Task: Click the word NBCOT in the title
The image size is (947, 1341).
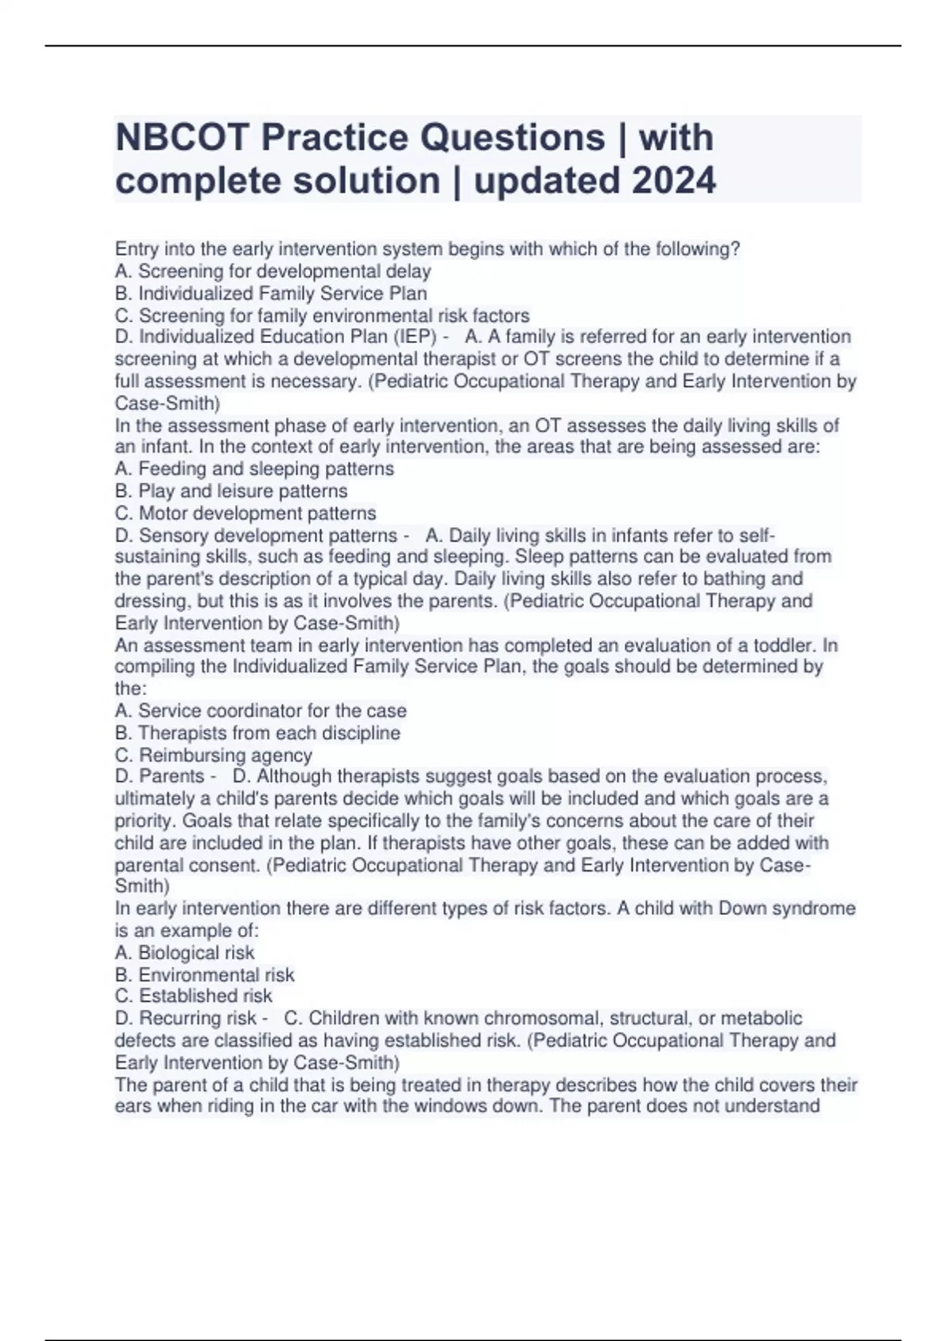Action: [181, 138]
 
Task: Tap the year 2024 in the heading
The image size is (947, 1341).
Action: [673, 181]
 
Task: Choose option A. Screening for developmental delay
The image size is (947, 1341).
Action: [273, 271]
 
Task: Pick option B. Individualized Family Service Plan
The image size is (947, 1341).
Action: [271, 293]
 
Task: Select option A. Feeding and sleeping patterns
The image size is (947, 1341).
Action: [254, 469]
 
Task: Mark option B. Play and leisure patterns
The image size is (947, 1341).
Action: [231, 491]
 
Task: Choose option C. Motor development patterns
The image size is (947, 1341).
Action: [245, 513]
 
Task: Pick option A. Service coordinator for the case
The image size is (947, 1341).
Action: [260, 711]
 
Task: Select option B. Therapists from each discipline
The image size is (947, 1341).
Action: [257, 733]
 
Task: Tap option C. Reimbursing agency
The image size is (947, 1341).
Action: [214, 755]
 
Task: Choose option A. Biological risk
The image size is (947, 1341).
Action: [185, 952]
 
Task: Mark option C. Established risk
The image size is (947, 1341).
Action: [193, 995]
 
